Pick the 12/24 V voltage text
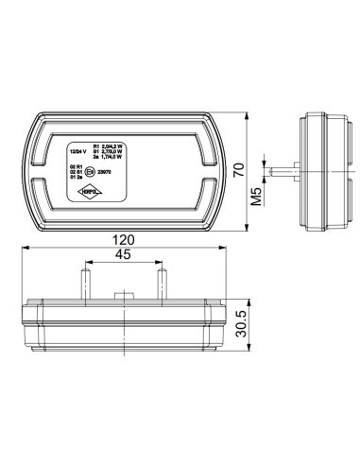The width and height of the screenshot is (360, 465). pos(80,150)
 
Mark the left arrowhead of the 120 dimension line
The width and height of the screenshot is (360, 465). pos(25,249)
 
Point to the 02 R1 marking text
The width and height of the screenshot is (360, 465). pos(77,165)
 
